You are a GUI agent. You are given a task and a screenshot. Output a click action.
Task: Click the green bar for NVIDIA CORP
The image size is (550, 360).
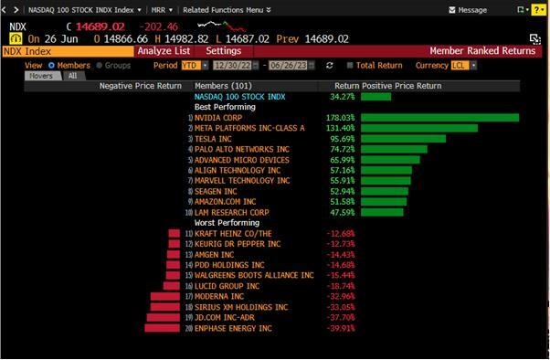pyautogui.click(x=439, y=118)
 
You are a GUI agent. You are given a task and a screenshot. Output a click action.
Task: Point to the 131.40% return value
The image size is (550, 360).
pyautogui.click(x=340, y=128)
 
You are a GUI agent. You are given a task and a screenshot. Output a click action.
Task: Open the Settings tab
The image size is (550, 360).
pyautogui.click(x=223, y=51)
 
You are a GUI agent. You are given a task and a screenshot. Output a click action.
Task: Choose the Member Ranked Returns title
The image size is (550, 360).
pyautogui.click(x=482, y=51)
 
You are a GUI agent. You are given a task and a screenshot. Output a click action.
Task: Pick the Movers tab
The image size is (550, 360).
pyautogui.click(x=43, y=76)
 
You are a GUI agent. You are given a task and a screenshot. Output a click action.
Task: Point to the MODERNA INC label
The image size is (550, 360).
pyautogui.click(x=218, y=296)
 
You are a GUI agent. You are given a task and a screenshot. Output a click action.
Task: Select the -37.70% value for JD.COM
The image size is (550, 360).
pyautogui.click(x=340, y=317)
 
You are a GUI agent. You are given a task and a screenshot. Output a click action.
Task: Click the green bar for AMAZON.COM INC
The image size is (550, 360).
pyautogui.click(x=384, y=202)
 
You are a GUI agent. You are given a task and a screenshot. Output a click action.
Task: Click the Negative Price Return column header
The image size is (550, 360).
pyautogui.click(x=142, y=86)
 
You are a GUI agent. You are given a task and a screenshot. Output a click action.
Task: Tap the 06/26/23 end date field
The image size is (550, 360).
pyautogui.click(x=288, y=66)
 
